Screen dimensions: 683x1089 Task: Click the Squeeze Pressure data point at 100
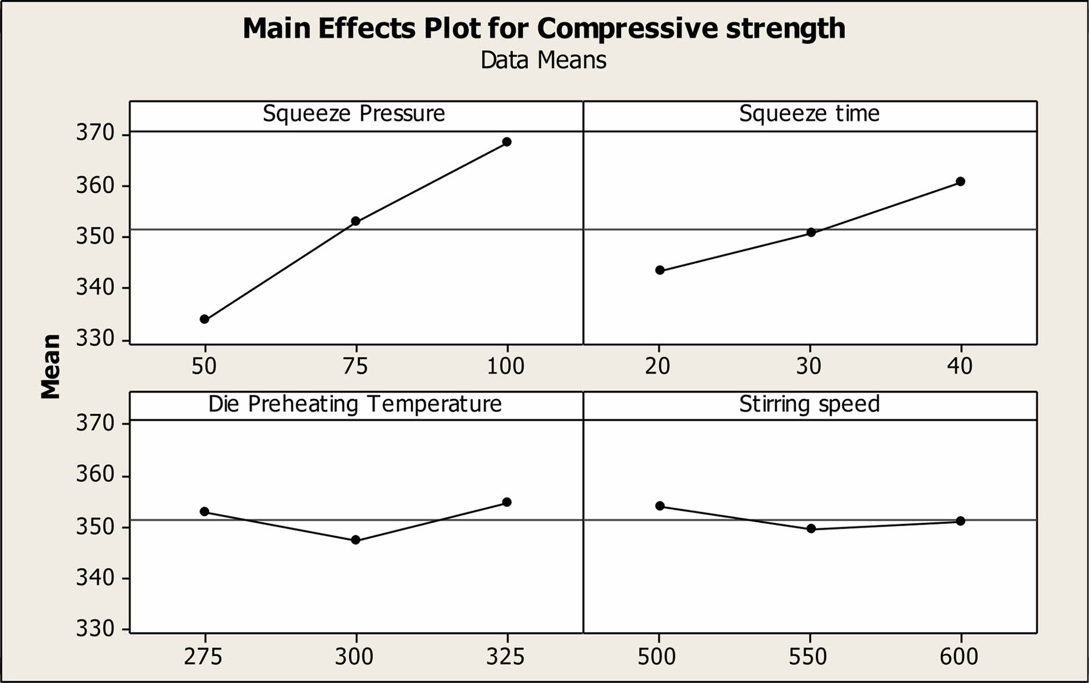[x=507, y=142]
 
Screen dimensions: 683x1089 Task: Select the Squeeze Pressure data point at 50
[x=205, y=319]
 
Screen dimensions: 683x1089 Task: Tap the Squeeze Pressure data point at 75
[x=356, y=221]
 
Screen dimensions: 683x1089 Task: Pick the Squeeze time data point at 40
[x=961, y=182]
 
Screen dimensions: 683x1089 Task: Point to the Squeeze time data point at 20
[x=660, y=270]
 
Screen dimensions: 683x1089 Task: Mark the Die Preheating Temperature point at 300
[x=356, y=540]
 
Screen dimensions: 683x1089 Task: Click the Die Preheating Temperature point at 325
[x=507, y=502]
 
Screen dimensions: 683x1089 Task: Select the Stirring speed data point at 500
[x=660, y=506]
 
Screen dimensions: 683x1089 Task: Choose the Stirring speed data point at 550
[x=811, y=529]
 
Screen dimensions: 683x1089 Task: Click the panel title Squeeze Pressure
[x=354, y=114]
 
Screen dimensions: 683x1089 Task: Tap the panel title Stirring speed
[x=810, y=404]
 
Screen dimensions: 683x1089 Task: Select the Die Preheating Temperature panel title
[x=355, y=404]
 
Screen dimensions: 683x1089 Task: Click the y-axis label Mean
[x=51, y=367]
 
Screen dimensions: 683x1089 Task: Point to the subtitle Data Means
[x=543, y=61]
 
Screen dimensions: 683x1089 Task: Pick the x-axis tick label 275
[x=203, y=656]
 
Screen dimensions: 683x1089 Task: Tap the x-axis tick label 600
[x=959, y=656]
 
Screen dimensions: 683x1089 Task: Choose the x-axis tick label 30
[x=809, y=366]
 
